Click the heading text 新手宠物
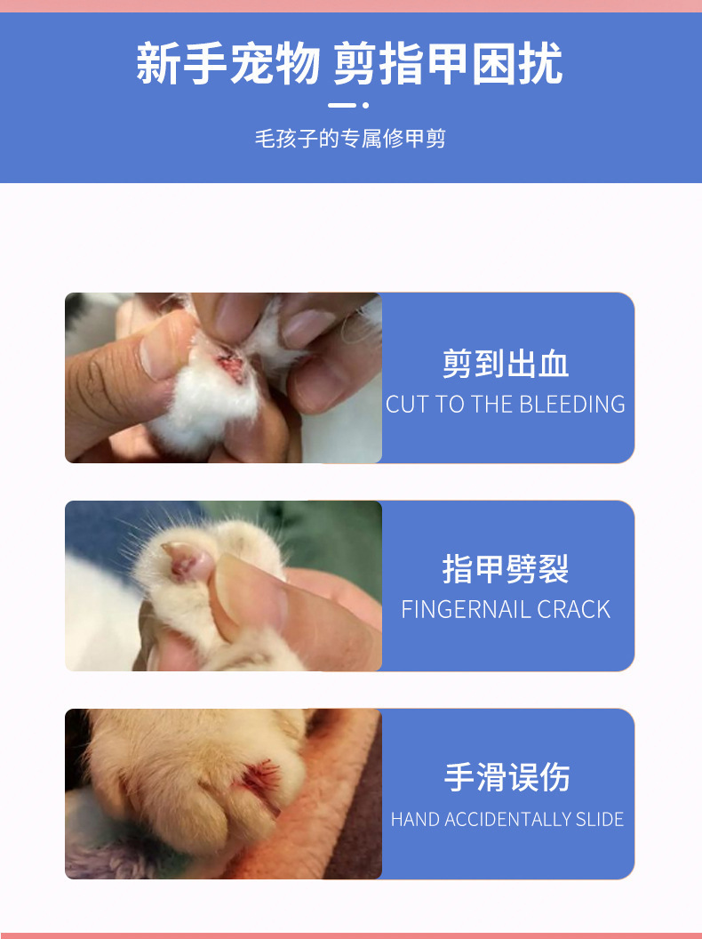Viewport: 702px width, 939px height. (228, 63)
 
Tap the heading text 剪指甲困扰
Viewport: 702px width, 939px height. (448, 63)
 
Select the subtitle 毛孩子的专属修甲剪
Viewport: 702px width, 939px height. (351, 139)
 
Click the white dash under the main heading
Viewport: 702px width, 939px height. (342, 106)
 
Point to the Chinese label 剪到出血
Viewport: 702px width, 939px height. (506, 364)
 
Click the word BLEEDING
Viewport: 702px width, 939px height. (572, 405)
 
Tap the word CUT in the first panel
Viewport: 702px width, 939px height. (407, 405)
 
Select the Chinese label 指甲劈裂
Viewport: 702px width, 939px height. (506, 568)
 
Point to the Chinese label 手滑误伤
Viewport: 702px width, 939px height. (507, 776)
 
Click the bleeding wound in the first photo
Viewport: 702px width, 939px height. (230, 365)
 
